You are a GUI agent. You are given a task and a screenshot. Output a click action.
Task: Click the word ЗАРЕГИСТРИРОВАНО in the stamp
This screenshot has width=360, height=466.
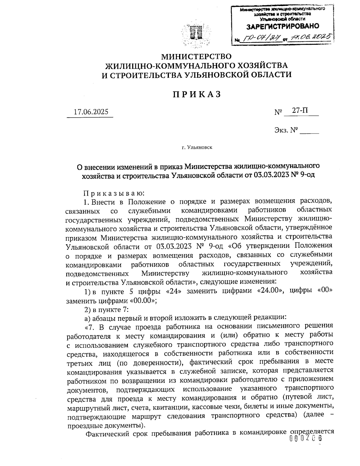coord(283,27)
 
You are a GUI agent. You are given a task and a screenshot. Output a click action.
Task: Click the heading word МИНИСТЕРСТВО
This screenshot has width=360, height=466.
coord(196,56)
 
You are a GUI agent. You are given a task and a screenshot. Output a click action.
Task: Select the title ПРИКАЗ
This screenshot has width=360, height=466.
coord(196,94)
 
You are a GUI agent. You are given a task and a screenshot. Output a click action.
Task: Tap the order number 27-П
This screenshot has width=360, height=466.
coord(300,111)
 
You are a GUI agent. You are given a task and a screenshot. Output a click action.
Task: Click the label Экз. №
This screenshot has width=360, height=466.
coord(286,130)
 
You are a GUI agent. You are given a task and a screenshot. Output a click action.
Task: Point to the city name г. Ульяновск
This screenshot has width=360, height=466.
coord(196,147)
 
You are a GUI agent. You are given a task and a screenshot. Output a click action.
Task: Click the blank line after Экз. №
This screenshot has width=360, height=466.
coord(309,131)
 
